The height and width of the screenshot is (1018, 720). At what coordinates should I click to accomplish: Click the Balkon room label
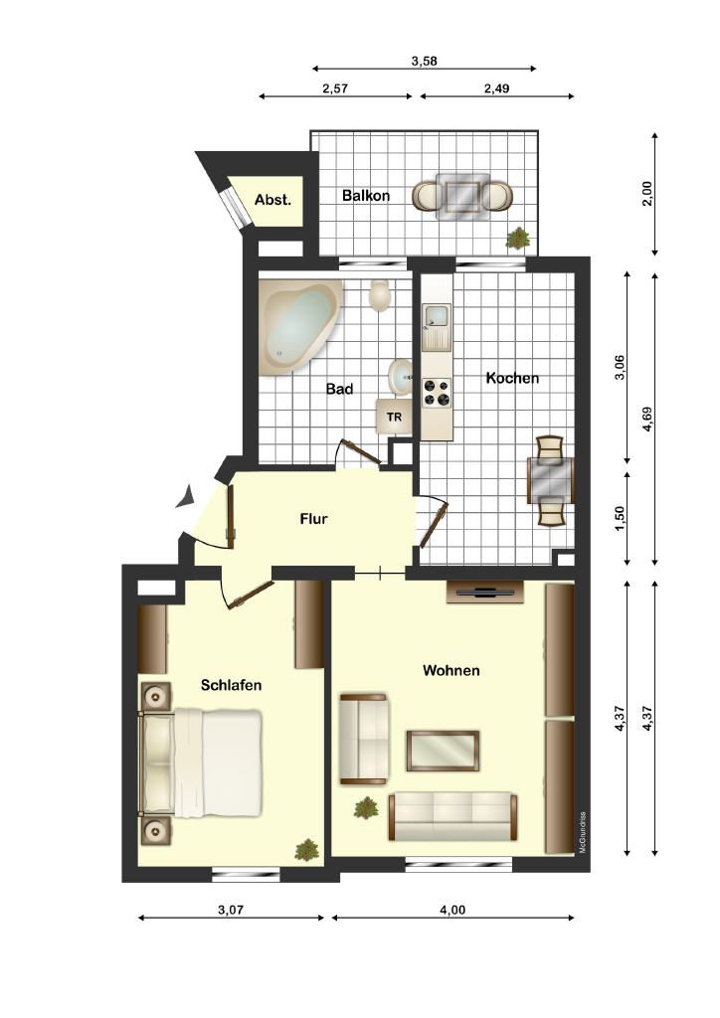pyautogui.click(x=366, y=196)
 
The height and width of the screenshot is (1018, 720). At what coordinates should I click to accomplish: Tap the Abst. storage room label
pyautogui.click(x=272, y=200)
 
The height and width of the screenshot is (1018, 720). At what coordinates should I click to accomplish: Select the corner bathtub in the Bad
pyautogui.click(x=298, y=326)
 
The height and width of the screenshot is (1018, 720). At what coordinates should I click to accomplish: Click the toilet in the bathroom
pyautogui.click(x=379, y=295)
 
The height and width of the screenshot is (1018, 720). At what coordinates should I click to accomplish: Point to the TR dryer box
pyautogui.click(x=394, y=417)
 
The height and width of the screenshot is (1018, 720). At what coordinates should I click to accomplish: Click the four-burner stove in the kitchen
pyautogui.click(x=437, y=393)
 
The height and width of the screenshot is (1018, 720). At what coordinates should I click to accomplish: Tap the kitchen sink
pyautogui.click(x=437, y=325)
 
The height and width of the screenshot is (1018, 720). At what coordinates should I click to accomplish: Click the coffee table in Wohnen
pyautogui.click(x=443, y=751)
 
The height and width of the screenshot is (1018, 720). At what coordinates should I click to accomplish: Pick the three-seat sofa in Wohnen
pyautogui.click(x=453, y=816)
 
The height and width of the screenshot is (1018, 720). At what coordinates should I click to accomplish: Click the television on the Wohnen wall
pyautogui.click(x=485, y=593)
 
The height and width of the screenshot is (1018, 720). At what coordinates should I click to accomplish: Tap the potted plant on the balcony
pyautogui.click(x=518, y=238)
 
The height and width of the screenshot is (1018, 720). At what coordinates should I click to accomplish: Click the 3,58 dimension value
pyautogui.click(x=425, y=61)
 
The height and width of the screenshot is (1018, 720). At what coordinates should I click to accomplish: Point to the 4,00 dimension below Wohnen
pyautogui.click(x=452, y=910)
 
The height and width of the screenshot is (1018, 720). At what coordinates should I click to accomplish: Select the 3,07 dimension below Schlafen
pyautogui.click(x=231, y=910)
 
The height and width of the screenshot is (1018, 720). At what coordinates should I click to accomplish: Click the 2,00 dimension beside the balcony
pyautogui.click(x=646, y=194)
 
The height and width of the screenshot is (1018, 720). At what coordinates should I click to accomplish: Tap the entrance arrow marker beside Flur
pyautogui.click(x=186, y=497)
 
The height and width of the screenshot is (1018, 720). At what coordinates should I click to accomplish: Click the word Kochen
pyautogui.click(x=512, y=378)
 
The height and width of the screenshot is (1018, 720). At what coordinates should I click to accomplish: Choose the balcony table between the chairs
pyautogui.click(x=462, y=195)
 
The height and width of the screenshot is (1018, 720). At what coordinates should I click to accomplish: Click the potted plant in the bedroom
pyautogui.click(x=305, y=850)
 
